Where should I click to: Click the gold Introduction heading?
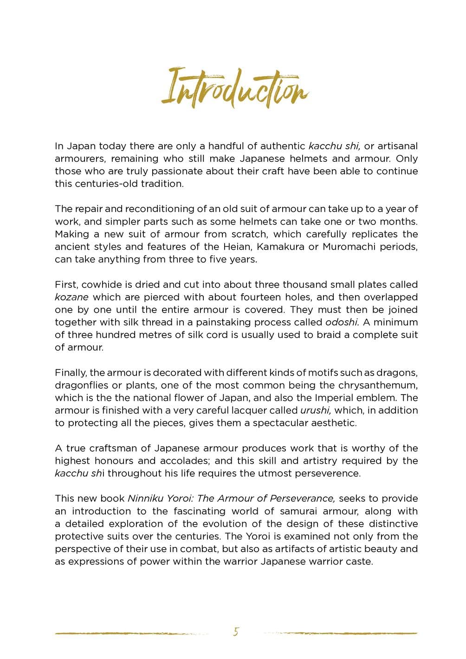pos(235,88)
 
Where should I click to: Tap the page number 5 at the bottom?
pos(236,632)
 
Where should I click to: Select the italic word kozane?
pos(71,297)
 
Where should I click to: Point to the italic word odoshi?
pos(341,322)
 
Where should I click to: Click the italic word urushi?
pos(316,410)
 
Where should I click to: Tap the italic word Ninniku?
pos(146,499)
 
